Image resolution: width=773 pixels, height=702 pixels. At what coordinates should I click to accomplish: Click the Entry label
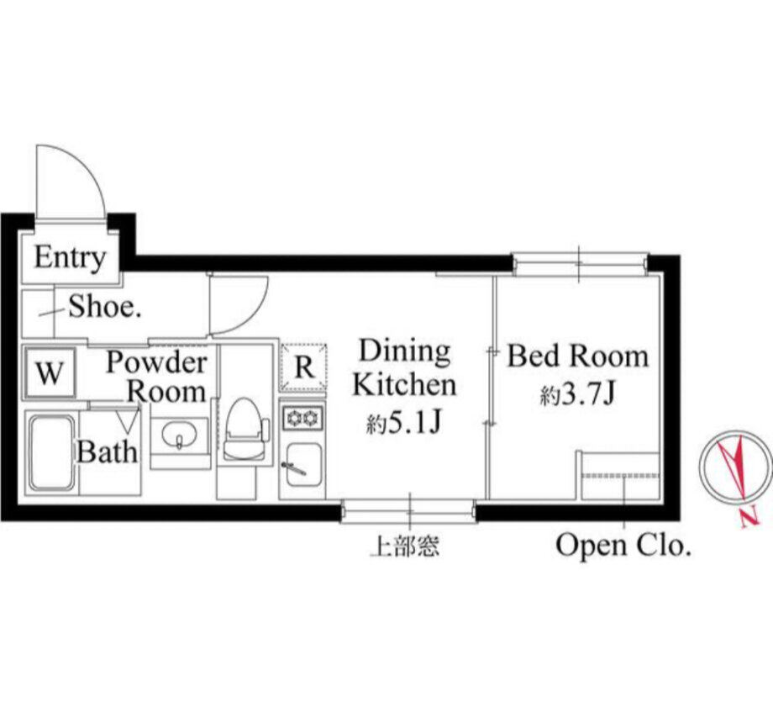tap(70, 257)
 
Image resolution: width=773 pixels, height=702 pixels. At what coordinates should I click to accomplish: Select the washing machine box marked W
tap(50, 372)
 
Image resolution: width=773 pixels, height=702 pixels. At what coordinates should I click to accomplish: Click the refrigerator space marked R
tap(303, 367)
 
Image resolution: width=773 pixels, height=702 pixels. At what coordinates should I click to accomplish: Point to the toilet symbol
tap(245, 430)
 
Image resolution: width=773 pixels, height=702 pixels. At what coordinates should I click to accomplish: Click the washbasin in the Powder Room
tap(180, 436)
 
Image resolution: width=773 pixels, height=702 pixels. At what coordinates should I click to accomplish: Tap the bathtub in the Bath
tap(51, 453)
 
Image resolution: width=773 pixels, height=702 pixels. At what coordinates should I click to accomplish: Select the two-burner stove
tap(302, 419)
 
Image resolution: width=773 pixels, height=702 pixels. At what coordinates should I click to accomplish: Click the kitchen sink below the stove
tap(302, 465)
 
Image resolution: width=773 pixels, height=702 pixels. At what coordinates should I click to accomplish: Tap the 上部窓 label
tap(404, 546)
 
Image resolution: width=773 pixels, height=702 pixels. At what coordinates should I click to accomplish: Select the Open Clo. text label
tap(623, 546)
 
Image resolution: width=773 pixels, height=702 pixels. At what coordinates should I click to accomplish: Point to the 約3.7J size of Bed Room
tap(577, 394)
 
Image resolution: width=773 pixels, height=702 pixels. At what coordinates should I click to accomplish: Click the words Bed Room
tap(578, 356)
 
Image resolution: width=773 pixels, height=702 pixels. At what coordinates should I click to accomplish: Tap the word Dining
tap(405, 351)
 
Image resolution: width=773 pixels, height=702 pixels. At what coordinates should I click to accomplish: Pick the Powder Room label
tap(156, 377)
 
